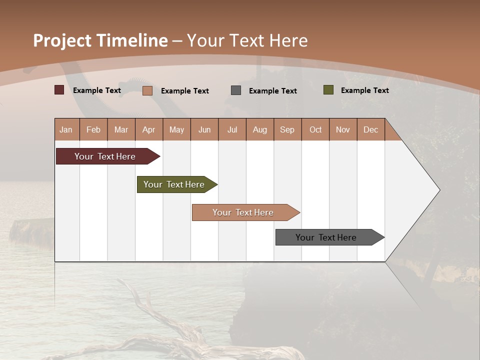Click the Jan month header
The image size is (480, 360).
pyautogui.click(x=66, y=130)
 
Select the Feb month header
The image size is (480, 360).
pyautogui.click(x=93, y=130)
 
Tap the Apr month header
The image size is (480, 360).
pyautogui.click(x=149, y=130)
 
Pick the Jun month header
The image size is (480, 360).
pyautogui.click(x=204, y=130)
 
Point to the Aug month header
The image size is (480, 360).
pyautogui.click(x=260, y=130)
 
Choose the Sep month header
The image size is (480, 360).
pyautogui.click(x=287, y=130)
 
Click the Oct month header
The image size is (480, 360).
pyautogui.click(x=315, y=130)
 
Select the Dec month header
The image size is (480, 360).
pyautogui.click(x=371, y=130)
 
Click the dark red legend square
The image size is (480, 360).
pyautogui.click(x=59, y=90)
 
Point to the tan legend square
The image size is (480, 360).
pyautogui.click(x=147, y=90)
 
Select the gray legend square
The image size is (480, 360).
pyautogui.click(x=236, y=90)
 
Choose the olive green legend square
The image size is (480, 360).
pyautogui.click(x=328, y=90)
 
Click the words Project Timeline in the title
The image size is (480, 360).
pyautogui.click(x=100, y=40)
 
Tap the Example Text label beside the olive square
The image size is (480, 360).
pyautogui.click(x=365, y=90)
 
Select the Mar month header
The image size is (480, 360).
pyautogui.click(x=121, y=130)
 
